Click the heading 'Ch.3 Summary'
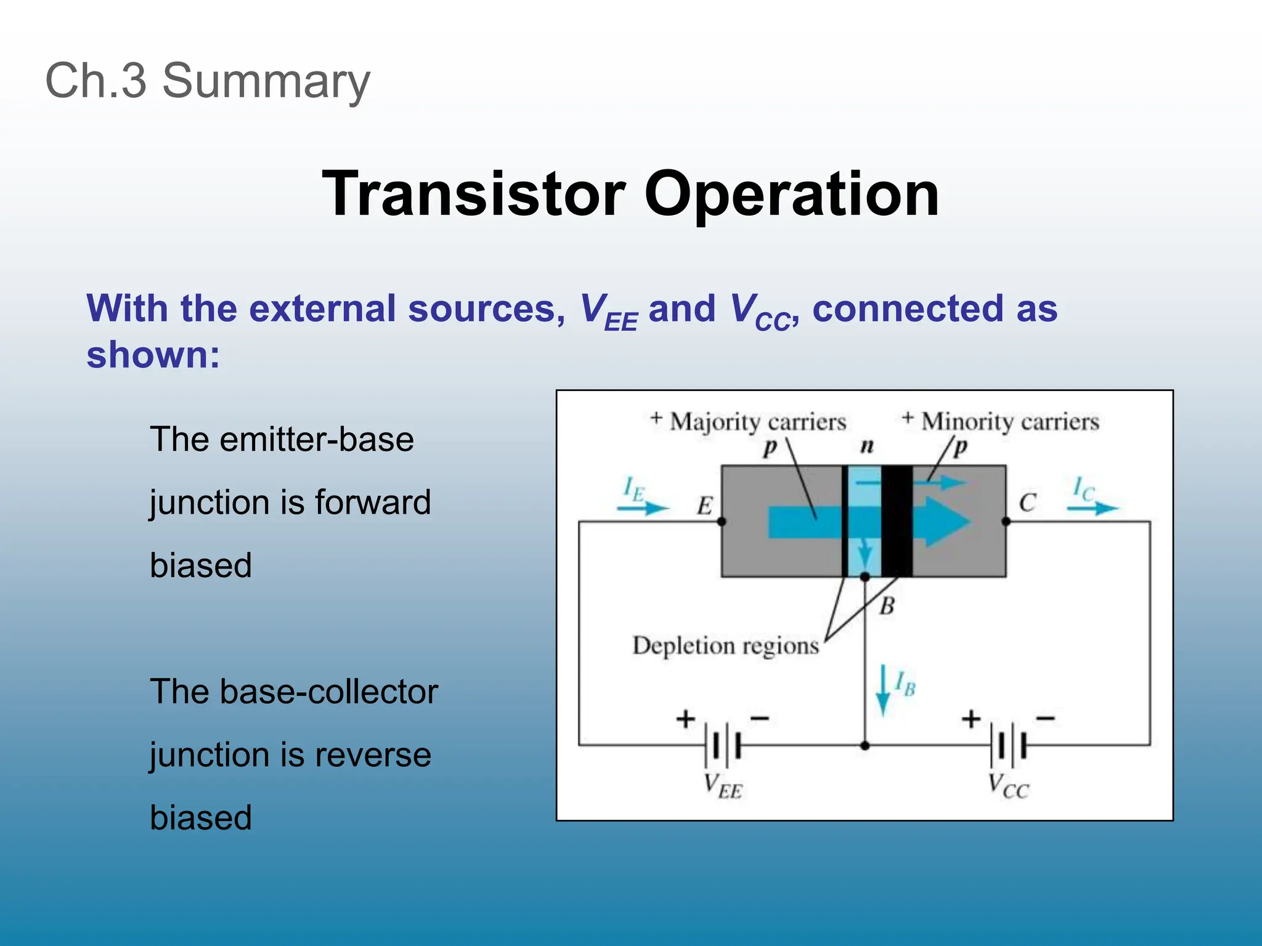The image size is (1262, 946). (x=208, y=81)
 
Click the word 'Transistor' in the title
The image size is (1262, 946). (x=474, y=195)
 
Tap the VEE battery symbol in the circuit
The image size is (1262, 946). (x=725, y=746)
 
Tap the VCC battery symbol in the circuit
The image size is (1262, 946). (x=1011, y=746)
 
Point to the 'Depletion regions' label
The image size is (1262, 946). (x=725, y=645)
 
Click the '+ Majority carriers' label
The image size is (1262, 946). (x=749, y=422)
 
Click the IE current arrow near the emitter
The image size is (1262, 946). (x=643, y=507)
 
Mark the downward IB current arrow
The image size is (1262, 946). (x=883, y=690)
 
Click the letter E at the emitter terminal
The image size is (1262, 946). (x=704, y=506)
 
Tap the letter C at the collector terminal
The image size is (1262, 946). (x=1027, y=503)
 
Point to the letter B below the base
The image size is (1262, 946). (x=887, y=607)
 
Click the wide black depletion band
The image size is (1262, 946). (x=897, y=521)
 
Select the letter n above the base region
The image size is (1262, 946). (x=867, y=446)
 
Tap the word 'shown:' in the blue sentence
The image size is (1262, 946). (x=153, y=355)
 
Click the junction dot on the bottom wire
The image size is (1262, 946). (x=865, y=746)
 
